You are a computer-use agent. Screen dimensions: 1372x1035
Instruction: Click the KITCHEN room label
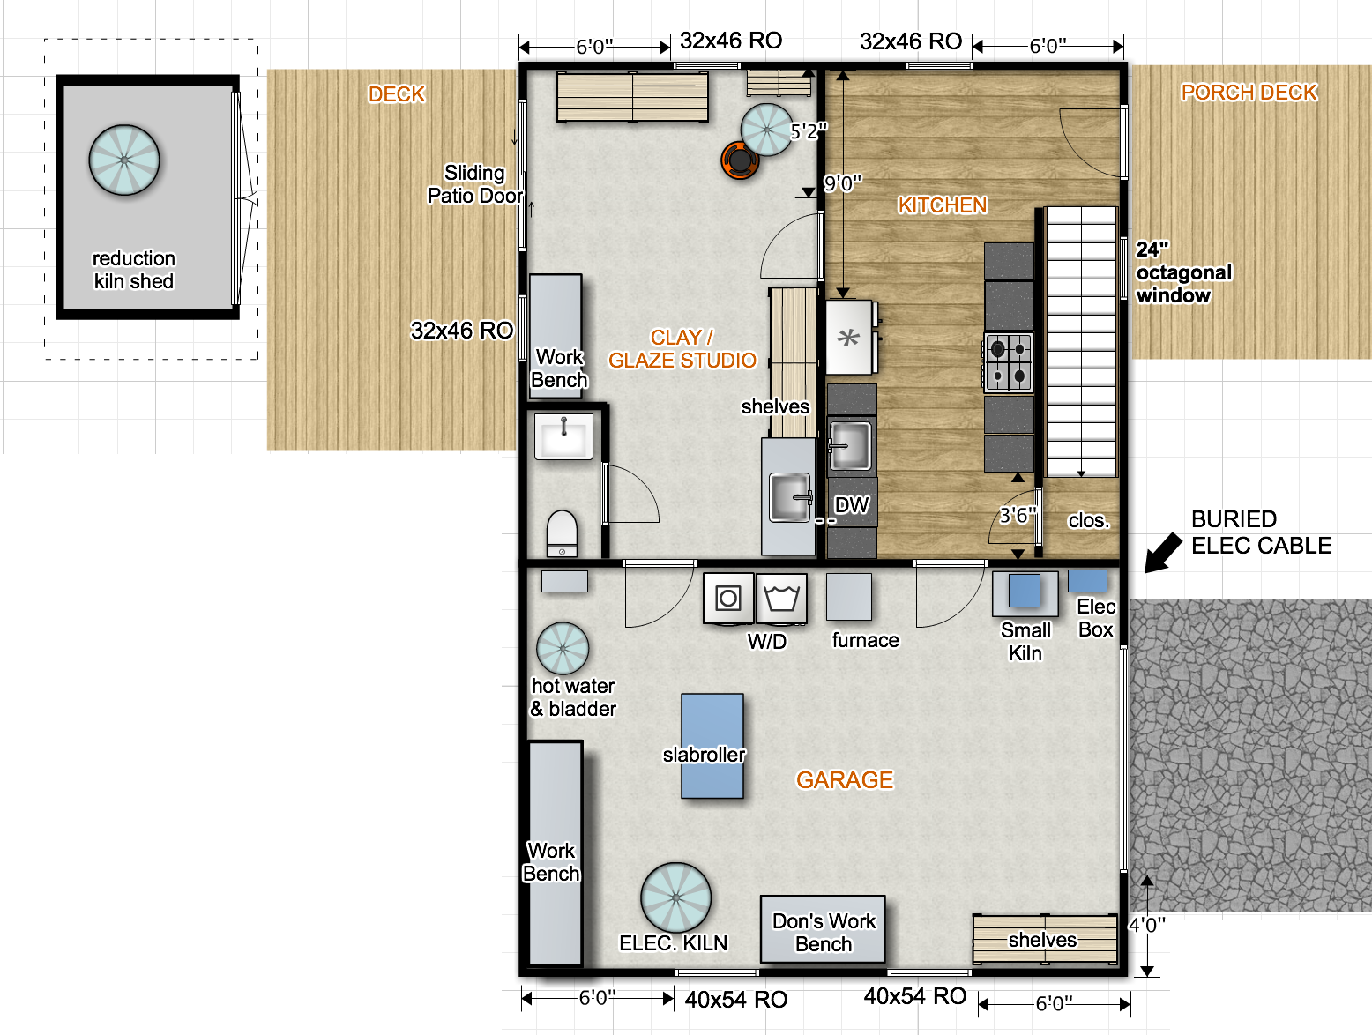tap(943, 205)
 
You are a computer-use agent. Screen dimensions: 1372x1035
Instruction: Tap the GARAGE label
tap(845, 779)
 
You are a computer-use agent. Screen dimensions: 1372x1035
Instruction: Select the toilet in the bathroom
tap(562, 533)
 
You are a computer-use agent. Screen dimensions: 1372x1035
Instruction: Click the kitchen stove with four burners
tap(1008, 362)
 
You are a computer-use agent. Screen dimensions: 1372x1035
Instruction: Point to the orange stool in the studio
tap(740, 160)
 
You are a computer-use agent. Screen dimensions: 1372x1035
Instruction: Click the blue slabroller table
tap(712, 746)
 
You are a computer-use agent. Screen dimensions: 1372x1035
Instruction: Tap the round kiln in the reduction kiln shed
tap(124, 160)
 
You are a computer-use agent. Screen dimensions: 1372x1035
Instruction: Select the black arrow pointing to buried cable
tap(1163, 553)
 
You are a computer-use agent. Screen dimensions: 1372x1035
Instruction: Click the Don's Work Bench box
tap(823, 929)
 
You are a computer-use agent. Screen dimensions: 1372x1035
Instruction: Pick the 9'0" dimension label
tap(842, 183)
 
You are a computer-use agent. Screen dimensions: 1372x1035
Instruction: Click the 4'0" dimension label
tap(1147, 925)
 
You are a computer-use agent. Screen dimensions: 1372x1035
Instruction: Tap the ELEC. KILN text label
tap(673, 943)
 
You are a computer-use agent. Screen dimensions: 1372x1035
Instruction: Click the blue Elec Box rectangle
tap(1087, 581)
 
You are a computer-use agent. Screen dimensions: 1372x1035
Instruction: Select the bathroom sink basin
tap(563, 436)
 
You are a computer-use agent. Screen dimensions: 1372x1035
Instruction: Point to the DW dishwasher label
tap(851, 505)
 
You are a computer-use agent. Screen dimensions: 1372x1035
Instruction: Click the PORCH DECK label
tap(1249, 93)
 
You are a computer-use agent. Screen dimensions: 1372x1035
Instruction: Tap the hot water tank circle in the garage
tap(563, 648)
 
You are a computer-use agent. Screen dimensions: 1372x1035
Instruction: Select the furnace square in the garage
tap(849, 597)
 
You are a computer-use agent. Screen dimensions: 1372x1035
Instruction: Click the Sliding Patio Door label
tap(474, 183)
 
